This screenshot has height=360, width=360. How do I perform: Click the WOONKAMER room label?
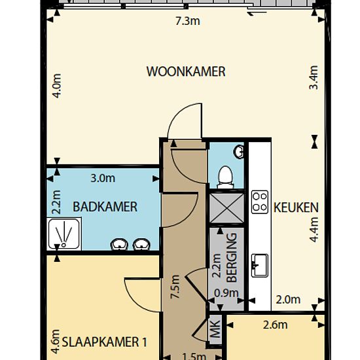tap(186, 71)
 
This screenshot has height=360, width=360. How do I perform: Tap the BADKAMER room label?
tap(105, 207)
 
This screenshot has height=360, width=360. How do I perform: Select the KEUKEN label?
tap(296, 207)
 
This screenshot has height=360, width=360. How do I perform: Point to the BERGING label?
tap(232, 257)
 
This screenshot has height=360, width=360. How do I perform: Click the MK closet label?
tap(215, 329)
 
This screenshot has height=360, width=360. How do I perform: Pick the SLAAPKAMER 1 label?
tap(105, 342)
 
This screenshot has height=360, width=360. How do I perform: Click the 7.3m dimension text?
tap(188, 21)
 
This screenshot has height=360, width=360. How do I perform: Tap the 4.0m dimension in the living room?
tap(57, 86)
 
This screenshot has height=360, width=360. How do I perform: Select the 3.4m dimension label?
tap(314, 77)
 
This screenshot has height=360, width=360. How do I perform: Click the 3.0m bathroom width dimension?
tap(103, 179)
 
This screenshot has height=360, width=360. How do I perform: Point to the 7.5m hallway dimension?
tap(175, 287)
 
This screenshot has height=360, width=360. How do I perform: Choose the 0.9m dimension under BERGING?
tap(226, 293)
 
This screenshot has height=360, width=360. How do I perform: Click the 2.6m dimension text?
tap(275, 325)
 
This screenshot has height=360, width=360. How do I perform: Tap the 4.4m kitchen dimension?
tap(314, 230)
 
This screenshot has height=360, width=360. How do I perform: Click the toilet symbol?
tap(225, 177)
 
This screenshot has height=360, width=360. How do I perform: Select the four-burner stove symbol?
tap(260, 202)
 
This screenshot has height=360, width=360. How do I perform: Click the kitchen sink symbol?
tap(260, 265)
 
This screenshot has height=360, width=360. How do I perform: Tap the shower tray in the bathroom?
tap(64, 234)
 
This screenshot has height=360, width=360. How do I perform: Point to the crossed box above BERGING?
tap(226, 208)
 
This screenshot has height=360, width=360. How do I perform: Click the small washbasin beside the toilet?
tap(239, 152)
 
